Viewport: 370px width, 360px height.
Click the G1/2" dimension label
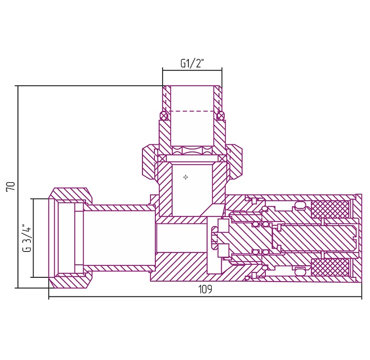coord(192,63)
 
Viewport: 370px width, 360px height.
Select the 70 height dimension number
coord(11,186)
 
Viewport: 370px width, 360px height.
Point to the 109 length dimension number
coord(205,289)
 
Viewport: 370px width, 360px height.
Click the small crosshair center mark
coord(185,177)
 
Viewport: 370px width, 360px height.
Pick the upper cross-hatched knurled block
coord(330,209)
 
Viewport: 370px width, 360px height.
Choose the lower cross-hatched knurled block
coord(330,267)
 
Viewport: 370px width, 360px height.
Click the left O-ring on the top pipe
coord(164,115)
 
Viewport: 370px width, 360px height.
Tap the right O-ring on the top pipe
coord(221,115)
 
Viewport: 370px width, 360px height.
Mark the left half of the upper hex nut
coord(148,163)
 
